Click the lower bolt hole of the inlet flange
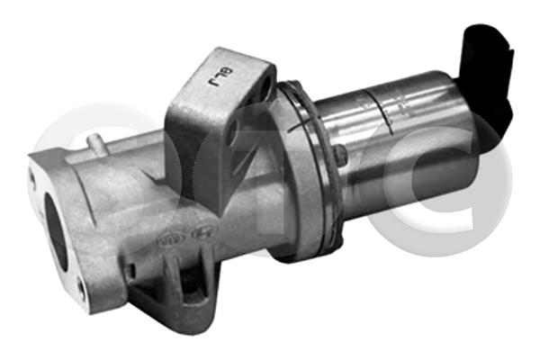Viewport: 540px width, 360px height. point(81,288)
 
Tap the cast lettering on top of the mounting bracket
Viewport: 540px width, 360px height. point(216,80)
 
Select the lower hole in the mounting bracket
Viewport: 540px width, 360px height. point(233,135)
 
